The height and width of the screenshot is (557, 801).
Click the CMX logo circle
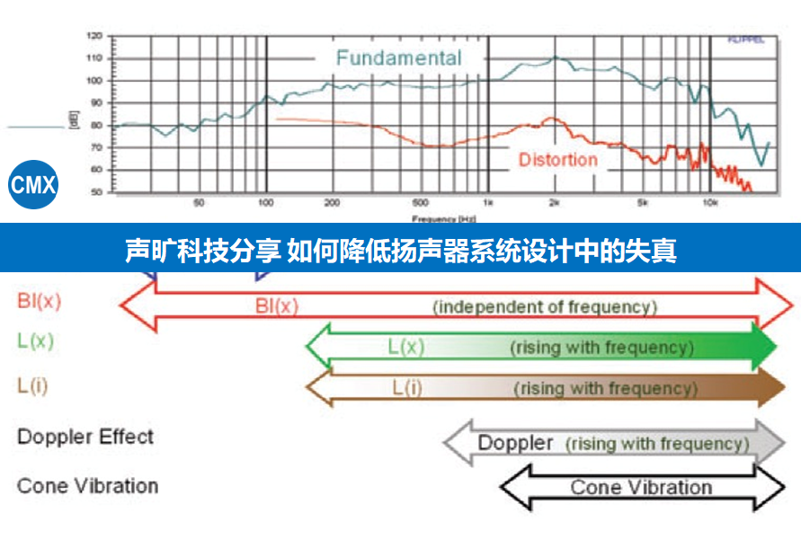point(33,186)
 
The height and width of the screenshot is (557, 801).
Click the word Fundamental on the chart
point(398,58)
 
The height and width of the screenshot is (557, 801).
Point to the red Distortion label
point(557,160)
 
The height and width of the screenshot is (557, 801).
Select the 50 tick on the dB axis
point(95,192)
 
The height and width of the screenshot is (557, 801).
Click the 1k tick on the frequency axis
point(487,203)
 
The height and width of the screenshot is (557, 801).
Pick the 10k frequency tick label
point(709,203)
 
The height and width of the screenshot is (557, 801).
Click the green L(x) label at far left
point(36,341)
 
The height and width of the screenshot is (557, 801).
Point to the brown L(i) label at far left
point(34,385)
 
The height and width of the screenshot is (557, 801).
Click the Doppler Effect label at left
point(85,438)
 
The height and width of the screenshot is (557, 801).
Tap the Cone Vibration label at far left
point(87,486)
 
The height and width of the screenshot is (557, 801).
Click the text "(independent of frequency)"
point(545,306)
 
